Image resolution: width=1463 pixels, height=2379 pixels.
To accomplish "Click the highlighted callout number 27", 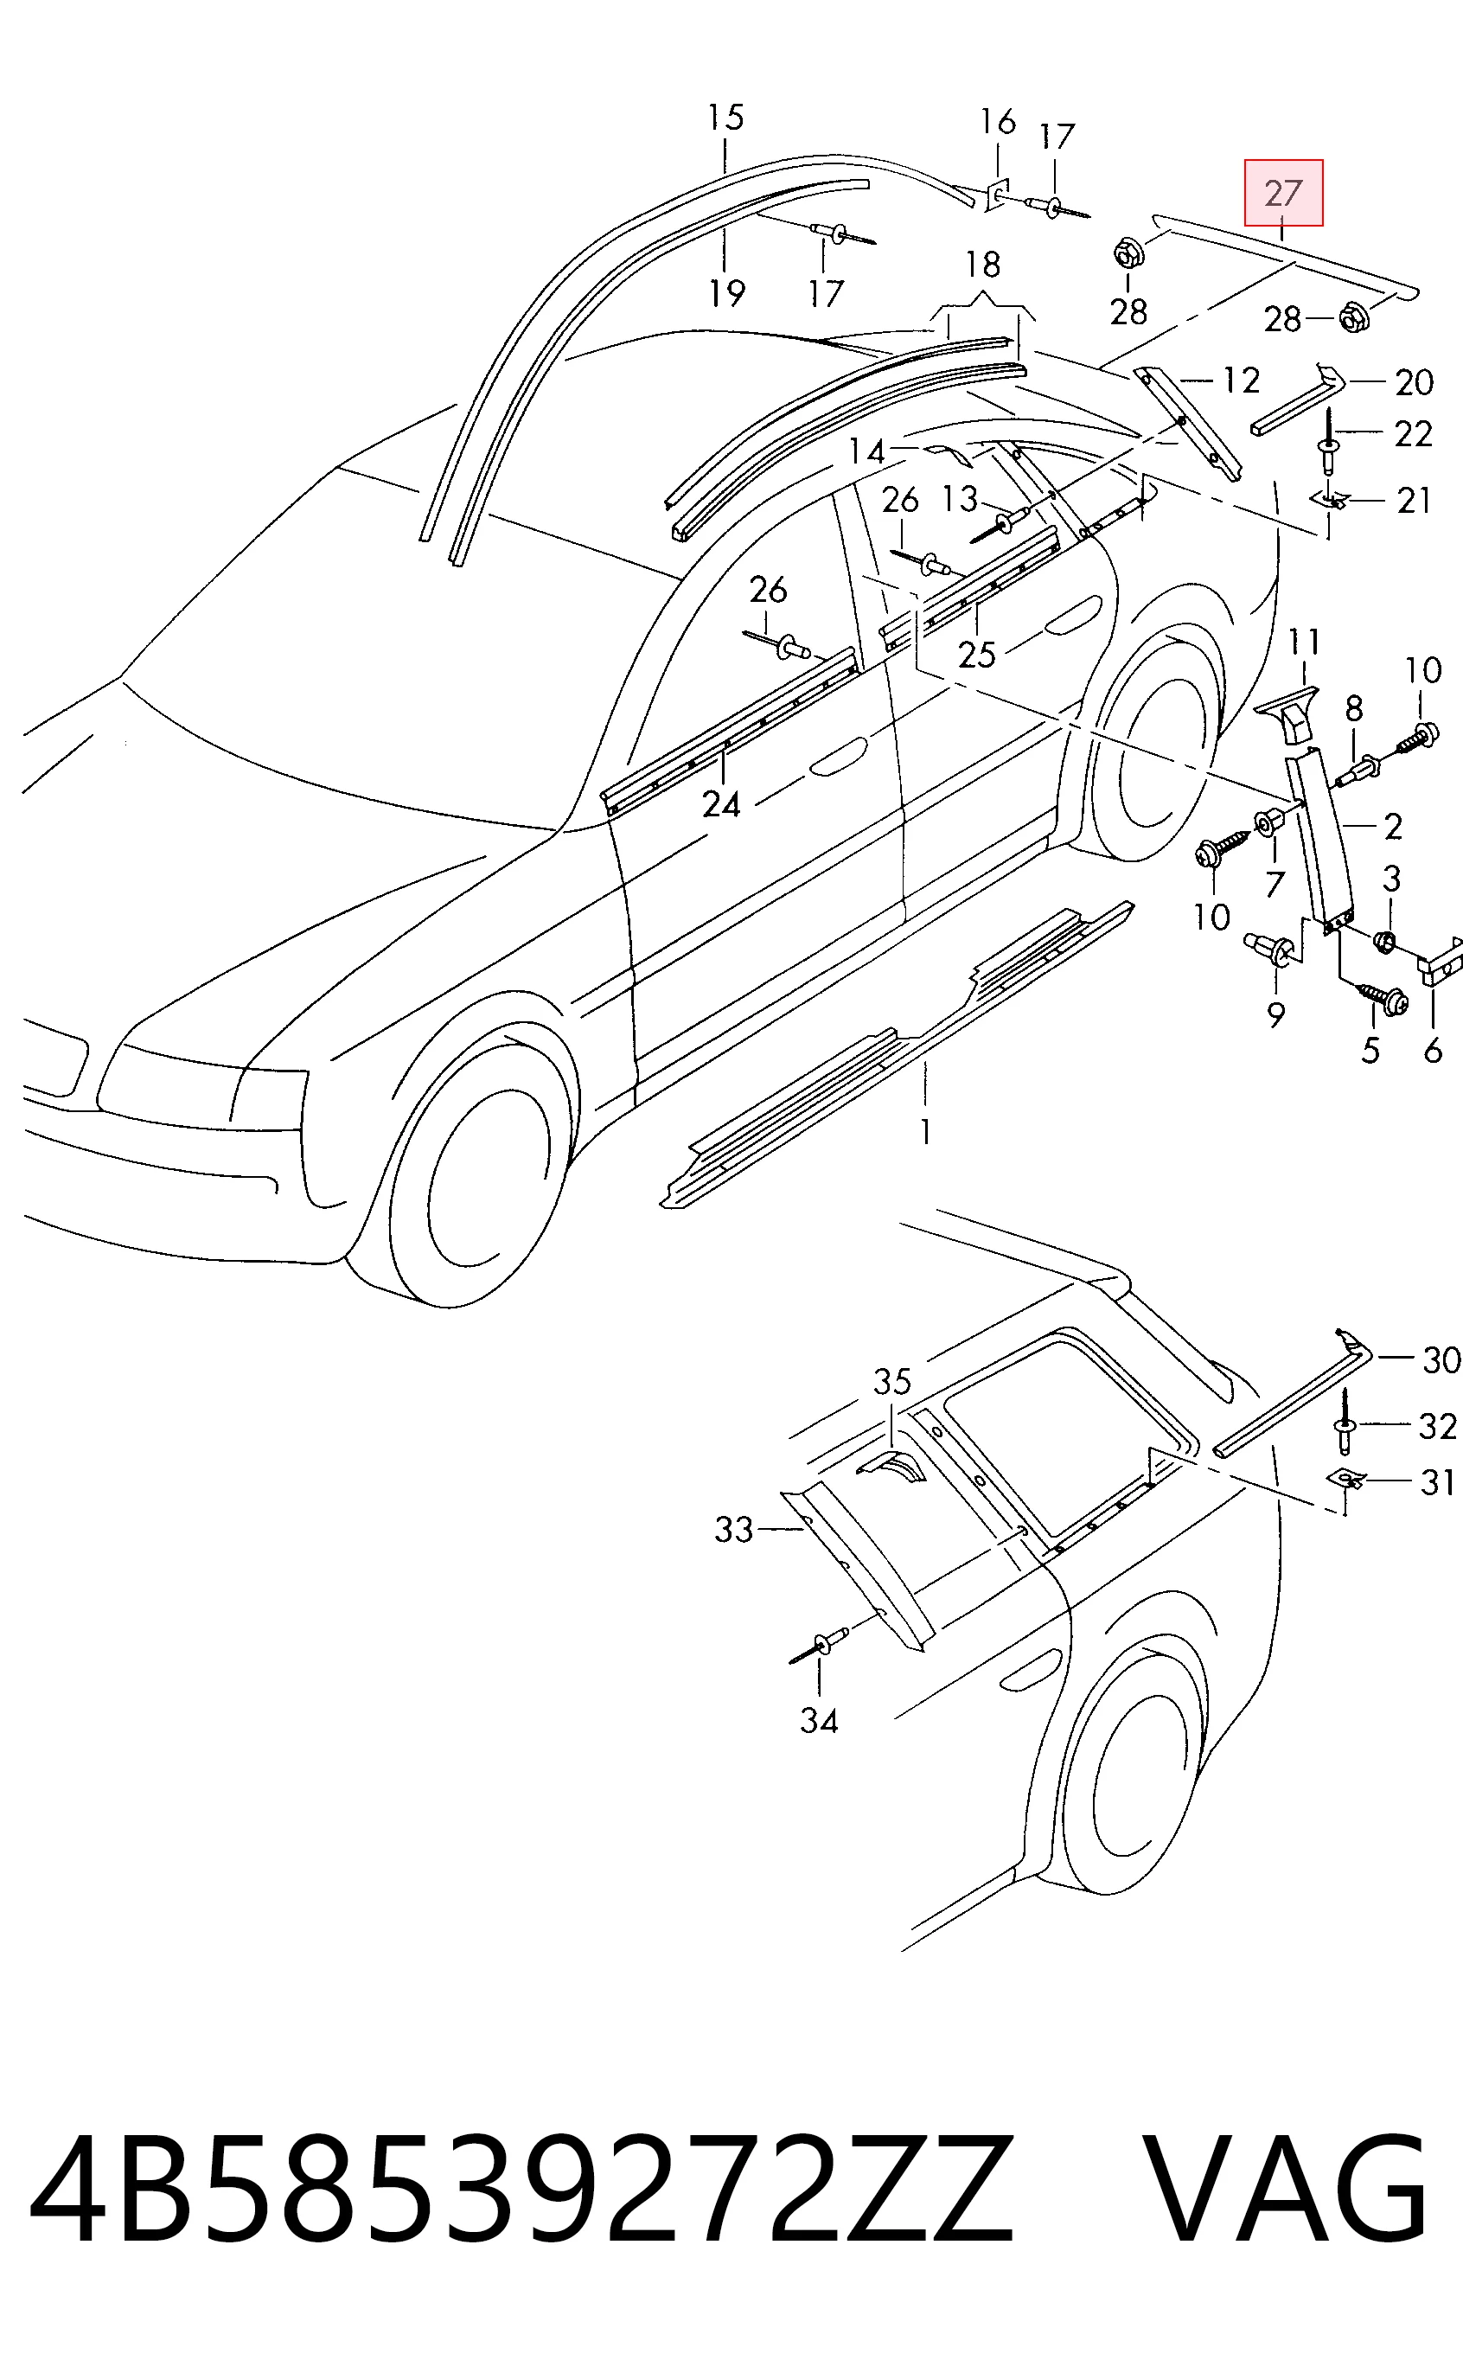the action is pyautogui.click(x=1283, y=193).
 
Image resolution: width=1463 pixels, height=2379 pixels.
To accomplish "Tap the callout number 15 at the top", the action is pyautogui.click(x=725, y=118).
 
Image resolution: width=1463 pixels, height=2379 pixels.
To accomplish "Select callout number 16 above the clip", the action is pyautogui.click(x=998, y=122).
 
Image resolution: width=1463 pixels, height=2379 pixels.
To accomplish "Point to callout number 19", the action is pyautogui.click(x=726, y=292).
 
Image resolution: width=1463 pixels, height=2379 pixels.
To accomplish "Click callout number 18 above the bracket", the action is pyautogui.click(x=983, y=264).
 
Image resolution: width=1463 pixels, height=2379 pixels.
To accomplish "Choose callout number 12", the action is pyautogui.click(x=1241, y=381).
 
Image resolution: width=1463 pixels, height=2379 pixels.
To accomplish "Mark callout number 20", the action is pyautogui.click(x=1414, y=382).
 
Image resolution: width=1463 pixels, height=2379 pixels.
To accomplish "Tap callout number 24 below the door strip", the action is pyautogui.click(x=721, y=804).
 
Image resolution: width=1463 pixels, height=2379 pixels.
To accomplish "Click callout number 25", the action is pyautogui.click(x=976, y=655).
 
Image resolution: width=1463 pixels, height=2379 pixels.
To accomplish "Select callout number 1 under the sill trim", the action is pyautogui.click(x=926, y=1131).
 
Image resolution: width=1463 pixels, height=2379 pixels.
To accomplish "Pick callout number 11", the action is pyautogui.click(x=1304, y=642).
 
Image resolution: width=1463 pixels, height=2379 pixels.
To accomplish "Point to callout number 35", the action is pyautogui.click(x=892, y=1382).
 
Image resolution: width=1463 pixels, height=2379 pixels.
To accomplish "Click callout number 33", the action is pyautogui.click(x=733, y=1530).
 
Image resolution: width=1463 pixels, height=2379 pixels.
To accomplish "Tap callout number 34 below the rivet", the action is pyautogui.click(x=819, y=1693).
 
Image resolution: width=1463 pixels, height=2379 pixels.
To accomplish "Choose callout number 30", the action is pyautogui.click(x=1441, y=1359).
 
